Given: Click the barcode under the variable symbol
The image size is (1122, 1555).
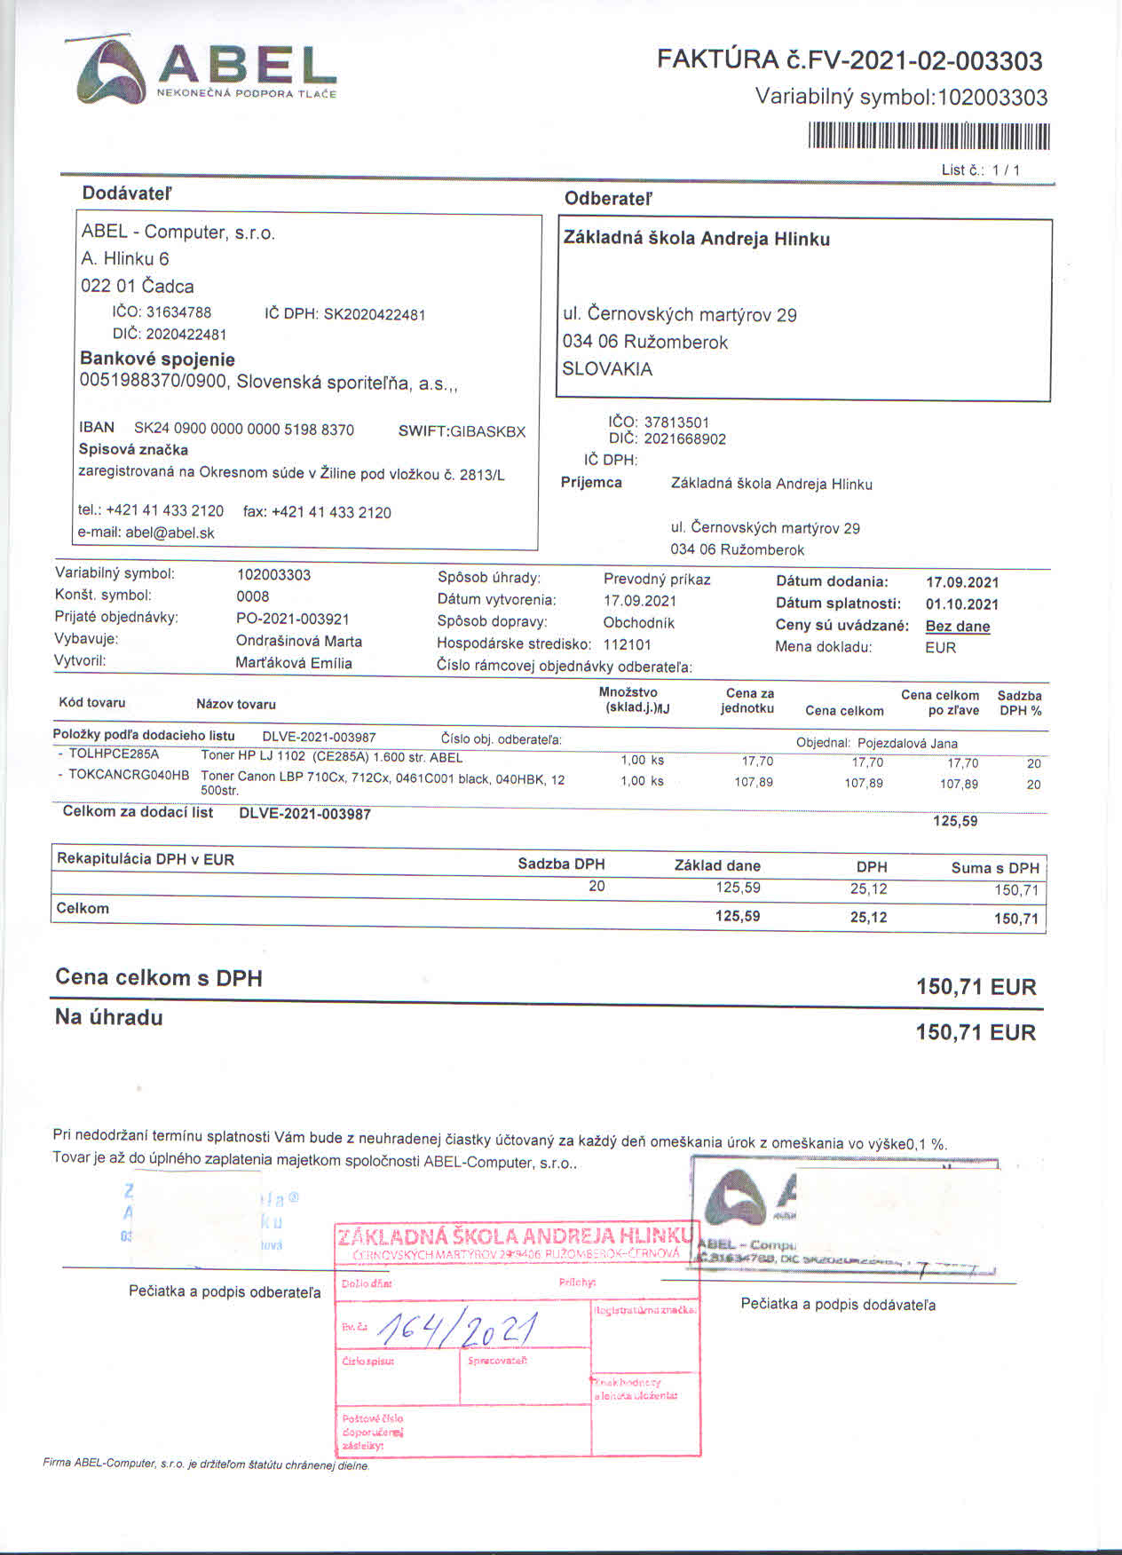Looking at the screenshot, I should pyautogui.click(x=928, y=137).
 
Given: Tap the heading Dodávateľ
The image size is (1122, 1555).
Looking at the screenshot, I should pyautogui.click(x=127, y=193).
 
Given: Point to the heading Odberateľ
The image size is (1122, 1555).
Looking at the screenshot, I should pyautogui.click(x=608, y=199).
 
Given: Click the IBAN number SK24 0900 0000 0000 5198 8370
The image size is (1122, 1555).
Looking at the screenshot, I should pyautogui.click(x=244, y=430).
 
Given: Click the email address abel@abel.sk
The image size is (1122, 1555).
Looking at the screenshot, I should pyautogui.click(x=170, y=533).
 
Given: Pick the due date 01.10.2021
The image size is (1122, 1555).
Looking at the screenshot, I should pyautogui.click(x=962, y=604).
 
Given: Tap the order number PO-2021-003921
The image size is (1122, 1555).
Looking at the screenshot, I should pyautogui.click(x=293, y=619).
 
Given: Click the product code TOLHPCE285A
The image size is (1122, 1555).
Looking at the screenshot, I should pyautogui.click(x=114, y=754).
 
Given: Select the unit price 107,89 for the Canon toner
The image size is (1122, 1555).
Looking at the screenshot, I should pyautogui.click(x=754, y=782).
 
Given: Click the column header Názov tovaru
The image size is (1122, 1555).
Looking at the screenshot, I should pyautogui.click(x=236, y=704).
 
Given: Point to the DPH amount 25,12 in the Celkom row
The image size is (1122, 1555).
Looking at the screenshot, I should pyautogui.click(x=868, y=917).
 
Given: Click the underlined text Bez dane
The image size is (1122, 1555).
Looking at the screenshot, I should pyautogui.click(x=958, y=626).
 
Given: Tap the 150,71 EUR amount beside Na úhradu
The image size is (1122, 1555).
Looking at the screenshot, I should pyautogui.click(x=976, y=1032).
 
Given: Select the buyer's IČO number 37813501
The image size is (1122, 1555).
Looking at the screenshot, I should pyautogui.click(x=676, y=422).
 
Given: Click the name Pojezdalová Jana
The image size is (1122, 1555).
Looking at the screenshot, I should pyautogui.click(x=907, y=743).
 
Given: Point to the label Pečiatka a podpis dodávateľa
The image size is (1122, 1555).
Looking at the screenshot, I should pyautogui.click(x=838, y=1305).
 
